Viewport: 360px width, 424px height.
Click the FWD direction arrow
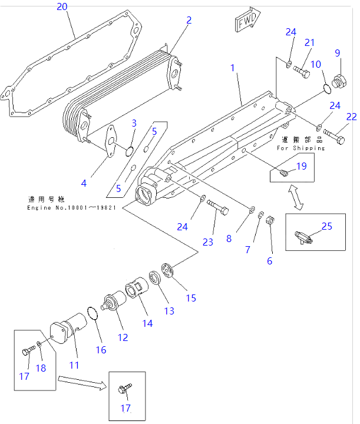tap(247, 20)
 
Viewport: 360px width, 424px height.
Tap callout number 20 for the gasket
tap(62, 7)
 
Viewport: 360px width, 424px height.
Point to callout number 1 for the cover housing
tap(233, 68)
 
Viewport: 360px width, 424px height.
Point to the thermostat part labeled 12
tap(113, 303)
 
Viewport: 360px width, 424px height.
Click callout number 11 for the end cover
tap(74, 365)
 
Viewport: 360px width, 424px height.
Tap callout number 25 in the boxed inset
tap(326, 226)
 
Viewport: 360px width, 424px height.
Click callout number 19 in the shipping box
tap(301, 167)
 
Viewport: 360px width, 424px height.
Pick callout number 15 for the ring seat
tap(191, 297)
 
